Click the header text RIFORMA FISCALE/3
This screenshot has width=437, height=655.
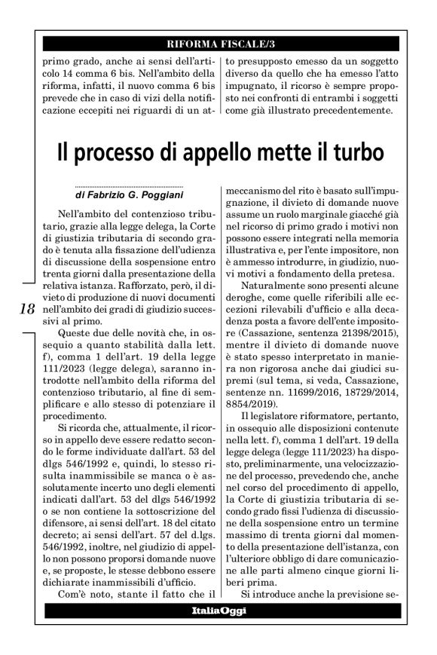click(x=218, y=42)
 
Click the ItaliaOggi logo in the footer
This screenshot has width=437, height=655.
click(x=218, y=610)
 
